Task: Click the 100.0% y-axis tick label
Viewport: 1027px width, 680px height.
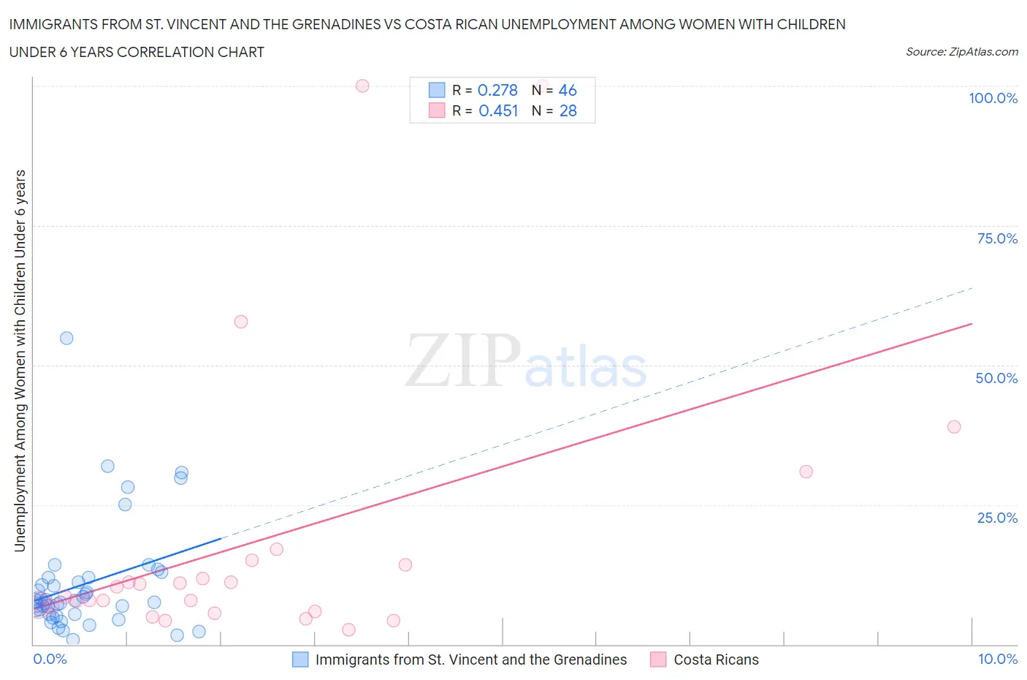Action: [x=993, y=98]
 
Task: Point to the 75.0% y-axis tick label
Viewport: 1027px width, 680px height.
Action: [x=997, y=238]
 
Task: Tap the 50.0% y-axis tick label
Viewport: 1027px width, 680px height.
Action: [x=996, y=378]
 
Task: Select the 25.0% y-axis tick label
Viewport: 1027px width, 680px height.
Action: [x=997, y=518]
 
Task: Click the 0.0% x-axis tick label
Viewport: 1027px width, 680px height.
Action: [x=50, y=659]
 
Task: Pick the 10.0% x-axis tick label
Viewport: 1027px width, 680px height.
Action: [x=997, y=659]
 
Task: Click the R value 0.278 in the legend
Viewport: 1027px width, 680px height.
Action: [x=497, y=90]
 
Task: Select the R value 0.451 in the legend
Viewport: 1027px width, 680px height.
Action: [x=497, y=110]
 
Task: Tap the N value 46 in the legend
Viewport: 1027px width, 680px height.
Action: [x=568, y=90]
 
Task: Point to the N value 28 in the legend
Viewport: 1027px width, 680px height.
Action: [x=568, y=110]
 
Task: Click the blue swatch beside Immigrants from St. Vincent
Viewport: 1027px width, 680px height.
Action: [x=300, y=660]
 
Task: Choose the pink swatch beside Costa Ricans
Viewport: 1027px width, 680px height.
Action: [x=658, y=660]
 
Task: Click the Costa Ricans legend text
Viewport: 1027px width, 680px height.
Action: [x=716, y=660]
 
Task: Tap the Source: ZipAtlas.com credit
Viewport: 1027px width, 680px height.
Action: [x=961, y=52]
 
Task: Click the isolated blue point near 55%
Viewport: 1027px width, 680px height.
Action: [x=66, y=338]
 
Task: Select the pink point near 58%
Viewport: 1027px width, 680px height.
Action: [x=241, y=322]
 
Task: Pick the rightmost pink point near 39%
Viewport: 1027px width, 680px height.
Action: [x=954, y=427]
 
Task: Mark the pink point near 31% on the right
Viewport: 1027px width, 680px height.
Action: [x=806, y=472]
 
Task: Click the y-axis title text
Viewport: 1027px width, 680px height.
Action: [x=20, y=360]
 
